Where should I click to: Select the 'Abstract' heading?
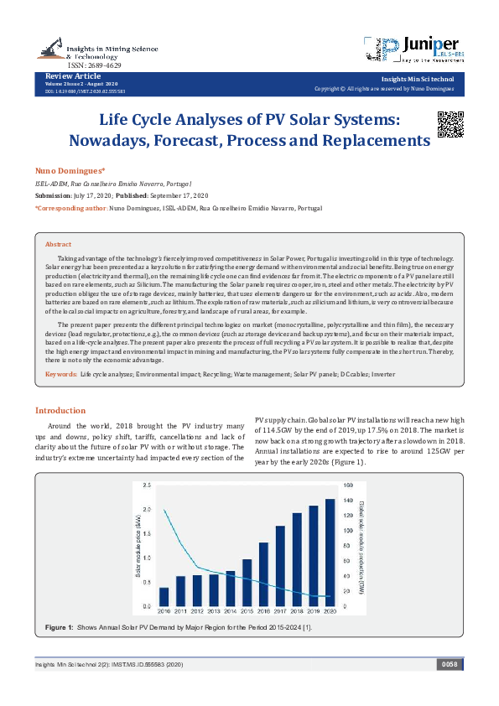[58, 221]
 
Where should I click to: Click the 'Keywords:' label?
[60, 373]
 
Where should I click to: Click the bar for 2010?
[164, 596]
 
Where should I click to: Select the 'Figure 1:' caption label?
[59, 628]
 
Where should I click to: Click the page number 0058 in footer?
[448, 665]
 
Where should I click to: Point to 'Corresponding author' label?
[70, 206]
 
